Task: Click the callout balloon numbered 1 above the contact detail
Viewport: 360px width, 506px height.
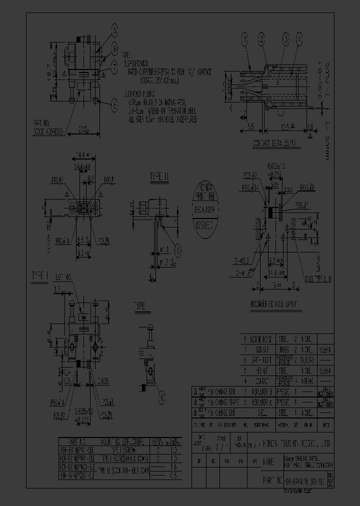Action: tap(245, 37)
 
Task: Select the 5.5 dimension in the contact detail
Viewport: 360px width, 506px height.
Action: tap(249, 127)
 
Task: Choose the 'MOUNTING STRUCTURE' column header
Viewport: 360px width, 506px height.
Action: tap(122, 441)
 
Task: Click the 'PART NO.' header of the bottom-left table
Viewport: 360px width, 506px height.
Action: tap(76, 441)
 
